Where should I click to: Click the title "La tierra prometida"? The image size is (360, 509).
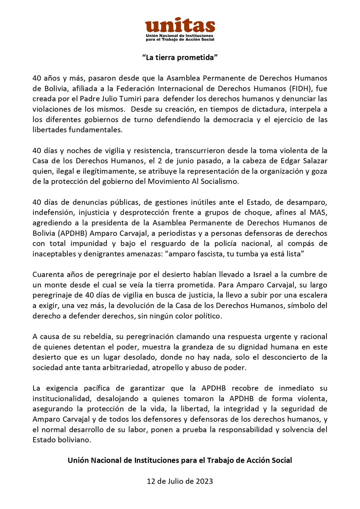tap(180, 57)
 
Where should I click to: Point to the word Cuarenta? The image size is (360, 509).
tap(47, 272)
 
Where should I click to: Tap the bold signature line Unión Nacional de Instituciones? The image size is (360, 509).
tap(180, 460)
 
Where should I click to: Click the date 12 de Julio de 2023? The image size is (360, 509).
tap(180, 481)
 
